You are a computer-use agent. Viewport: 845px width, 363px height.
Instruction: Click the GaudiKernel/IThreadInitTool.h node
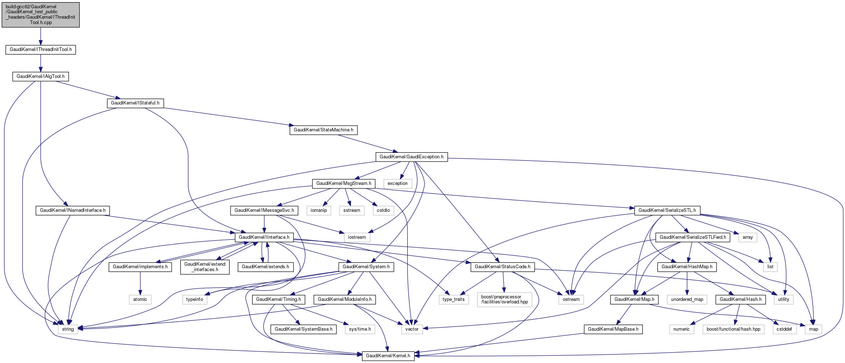point(41,50)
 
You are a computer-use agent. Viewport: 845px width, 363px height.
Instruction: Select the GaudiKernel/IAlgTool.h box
point(41,76)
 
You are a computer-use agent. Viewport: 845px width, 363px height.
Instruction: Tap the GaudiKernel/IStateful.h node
point(135,103)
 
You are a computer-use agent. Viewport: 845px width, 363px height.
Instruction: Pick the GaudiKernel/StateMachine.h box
point(323,130)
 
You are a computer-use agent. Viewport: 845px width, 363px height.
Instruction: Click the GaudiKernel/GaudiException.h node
point(411,157)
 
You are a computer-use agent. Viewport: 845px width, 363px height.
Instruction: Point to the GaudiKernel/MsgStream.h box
point(344,183)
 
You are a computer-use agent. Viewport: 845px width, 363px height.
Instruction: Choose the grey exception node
point(398,183)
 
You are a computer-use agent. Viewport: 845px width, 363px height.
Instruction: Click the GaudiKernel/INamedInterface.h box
point(73,210)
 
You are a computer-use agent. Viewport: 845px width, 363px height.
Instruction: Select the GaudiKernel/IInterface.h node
point(264,237)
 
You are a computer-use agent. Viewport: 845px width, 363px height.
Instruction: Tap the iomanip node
point(319,210)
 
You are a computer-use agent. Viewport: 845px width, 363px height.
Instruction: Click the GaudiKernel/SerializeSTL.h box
point(667,210)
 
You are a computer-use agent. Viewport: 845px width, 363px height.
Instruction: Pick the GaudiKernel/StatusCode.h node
point(502,267)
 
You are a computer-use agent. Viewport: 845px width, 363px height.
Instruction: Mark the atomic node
point(140,299)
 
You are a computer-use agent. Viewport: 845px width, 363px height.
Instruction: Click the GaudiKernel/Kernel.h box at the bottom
point(388,356)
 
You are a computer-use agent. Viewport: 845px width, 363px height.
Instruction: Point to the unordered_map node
point(687,299)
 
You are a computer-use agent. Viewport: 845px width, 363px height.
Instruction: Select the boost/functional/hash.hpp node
point(733,329)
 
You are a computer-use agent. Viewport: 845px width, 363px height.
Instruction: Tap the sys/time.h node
point(360,329)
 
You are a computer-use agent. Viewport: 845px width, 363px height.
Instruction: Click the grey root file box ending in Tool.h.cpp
point(41,15)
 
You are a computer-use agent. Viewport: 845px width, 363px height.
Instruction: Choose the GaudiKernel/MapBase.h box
point(613,329)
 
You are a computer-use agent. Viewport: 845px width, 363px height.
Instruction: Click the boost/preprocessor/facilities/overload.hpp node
point(505,299)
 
